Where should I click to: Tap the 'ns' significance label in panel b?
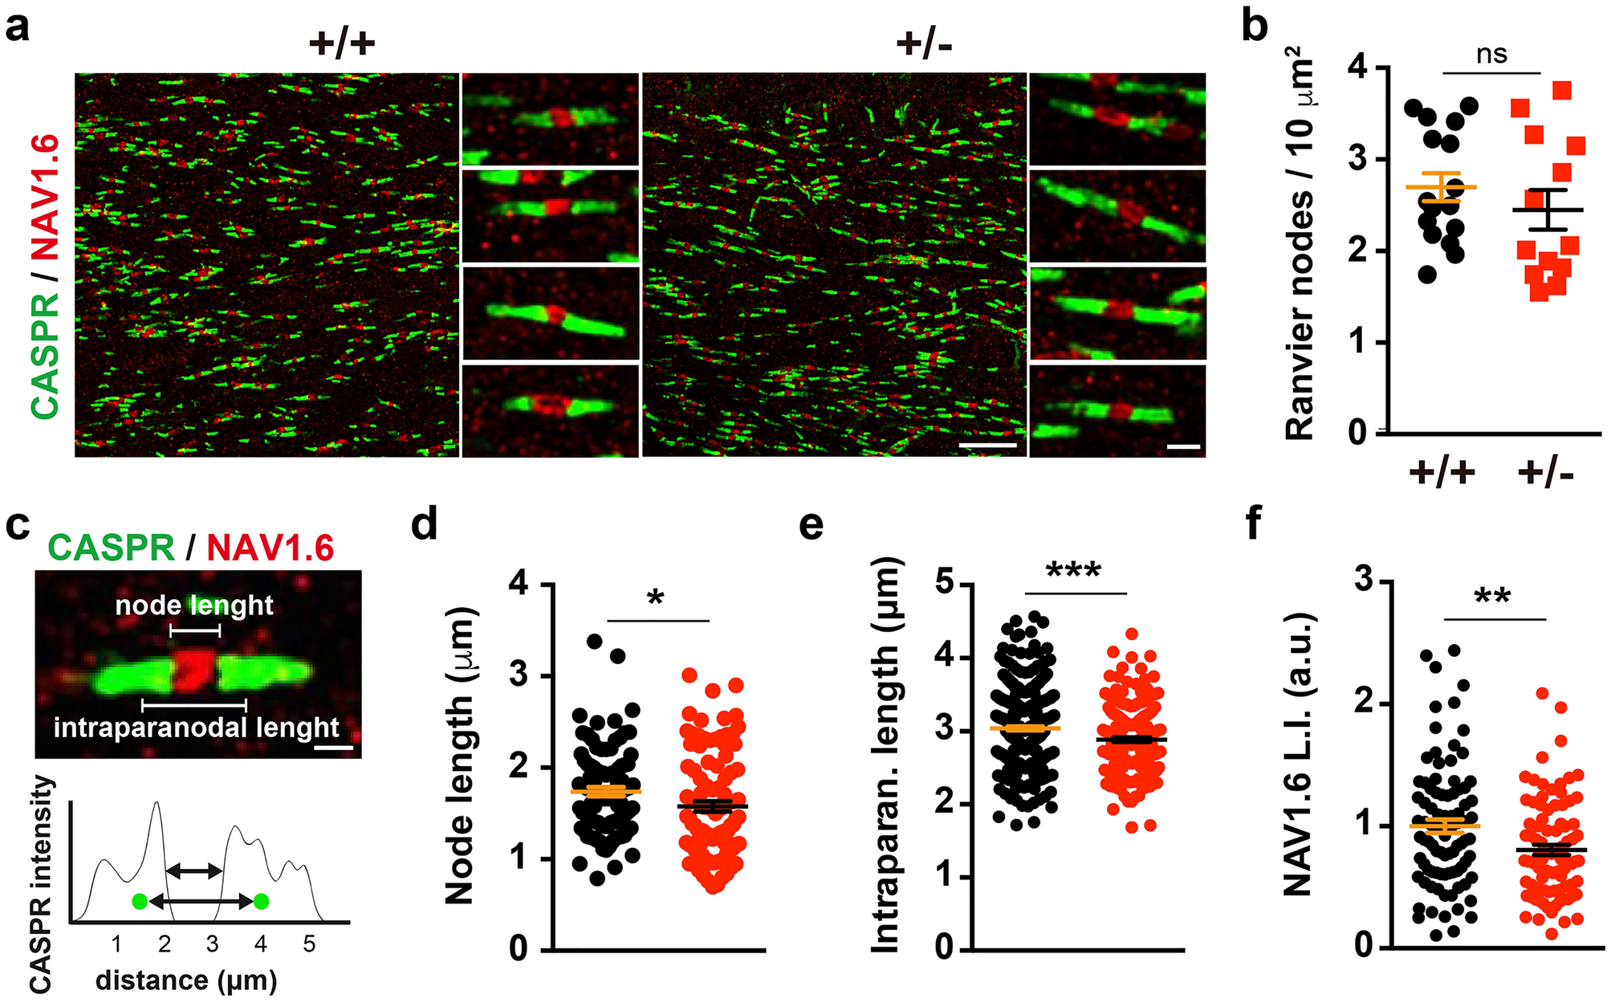pyautogui.click(x=1491, y=55)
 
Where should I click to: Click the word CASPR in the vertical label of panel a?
pyautogui.click(x=46, y=355)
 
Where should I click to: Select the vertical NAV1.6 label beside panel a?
pyautogui.click(x=46, y=198)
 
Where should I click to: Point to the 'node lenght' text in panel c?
pyautogui.click(x=194, y=605)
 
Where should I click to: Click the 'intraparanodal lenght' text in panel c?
pyautogui.click(x=197, y=728)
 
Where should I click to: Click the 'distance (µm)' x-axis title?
pyautogui.click(x=186, y=981)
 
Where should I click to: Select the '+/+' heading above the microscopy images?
pyautogui.click(x=342, y=43)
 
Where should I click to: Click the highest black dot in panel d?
pyautogui.click(x=595, y=642)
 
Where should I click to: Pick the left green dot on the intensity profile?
pyautogui.click(x=140, y=902)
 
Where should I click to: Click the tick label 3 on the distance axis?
pyautogui.click(x=212, y=944)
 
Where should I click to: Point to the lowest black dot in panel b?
pyautogui.click(x=1426, y=275)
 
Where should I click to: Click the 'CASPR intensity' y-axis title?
pyautogui.click(x=40, y=883)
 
